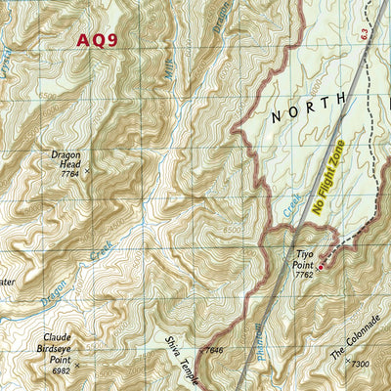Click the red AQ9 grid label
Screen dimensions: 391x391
(97, 40)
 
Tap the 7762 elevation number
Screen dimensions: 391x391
(302, 275)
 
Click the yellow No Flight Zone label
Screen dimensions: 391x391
(329, 178)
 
